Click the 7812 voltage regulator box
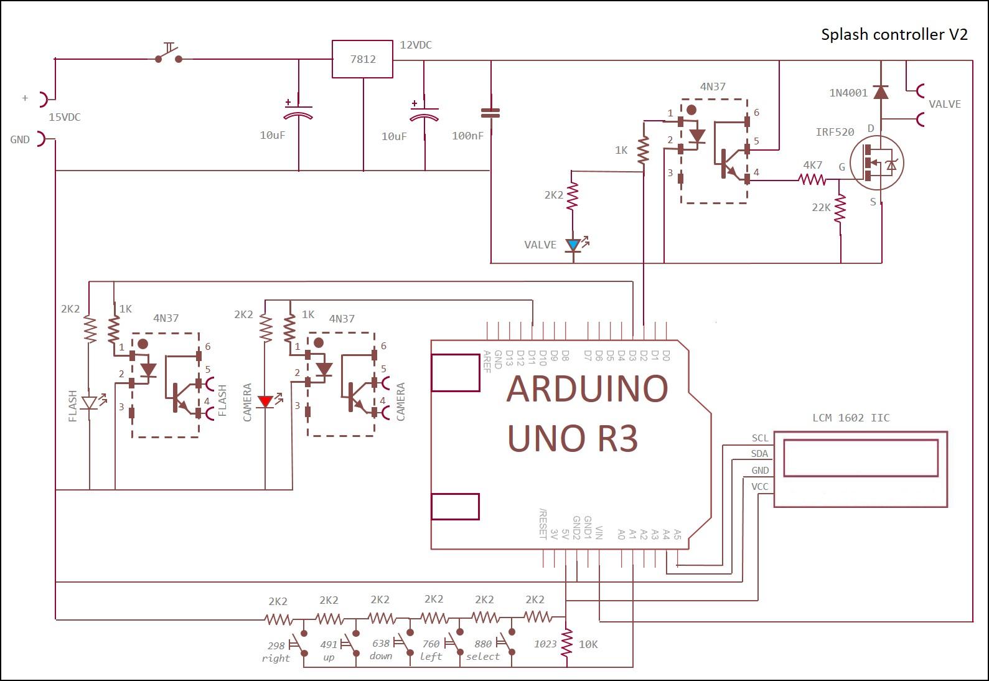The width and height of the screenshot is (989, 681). [362, 59]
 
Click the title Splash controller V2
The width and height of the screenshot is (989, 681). [894, 34]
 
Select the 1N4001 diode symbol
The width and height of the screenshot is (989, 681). [881, 93]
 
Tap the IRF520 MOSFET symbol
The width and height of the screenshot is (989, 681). [876, 164]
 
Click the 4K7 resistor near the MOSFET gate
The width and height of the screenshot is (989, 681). [812, 180]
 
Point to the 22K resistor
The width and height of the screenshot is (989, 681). [840, 209]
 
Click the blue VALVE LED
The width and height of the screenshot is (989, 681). [573, 245]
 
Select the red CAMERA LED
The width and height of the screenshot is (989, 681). [265, 402]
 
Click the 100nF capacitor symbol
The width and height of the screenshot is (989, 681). [490, 113]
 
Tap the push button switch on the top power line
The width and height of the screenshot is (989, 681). [169, 55]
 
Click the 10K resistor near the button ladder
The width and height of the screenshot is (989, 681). [567, 643]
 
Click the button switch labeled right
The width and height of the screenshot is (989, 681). [300, 644]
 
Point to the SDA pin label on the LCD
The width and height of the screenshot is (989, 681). [759, 454]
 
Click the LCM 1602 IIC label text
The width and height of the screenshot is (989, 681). [851, 418]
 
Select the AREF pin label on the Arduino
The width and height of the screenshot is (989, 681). [487, 361]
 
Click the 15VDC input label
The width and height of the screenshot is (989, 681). [65, 117]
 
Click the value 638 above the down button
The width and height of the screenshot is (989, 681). [380, 643]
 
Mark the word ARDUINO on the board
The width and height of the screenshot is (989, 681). [587, 388]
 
